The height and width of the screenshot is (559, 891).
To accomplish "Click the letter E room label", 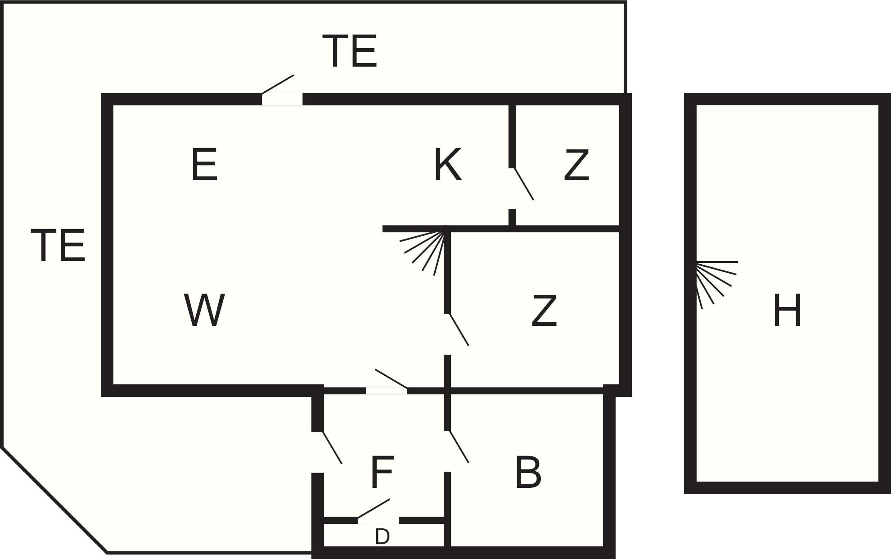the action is tap(204, 165).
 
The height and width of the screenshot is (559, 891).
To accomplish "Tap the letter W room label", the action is tap(204, 310).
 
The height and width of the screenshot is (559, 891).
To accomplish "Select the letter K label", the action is tap(448, 164).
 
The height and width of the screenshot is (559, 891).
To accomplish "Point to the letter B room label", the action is tap(528, 472).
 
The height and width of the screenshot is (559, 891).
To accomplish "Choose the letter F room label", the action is tap(382, 472).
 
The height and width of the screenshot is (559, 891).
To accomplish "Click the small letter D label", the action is tap(382, 536).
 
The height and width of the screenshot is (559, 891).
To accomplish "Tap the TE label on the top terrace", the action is tap(350, 51).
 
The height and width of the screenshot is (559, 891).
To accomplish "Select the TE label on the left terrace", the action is tap(58, 245).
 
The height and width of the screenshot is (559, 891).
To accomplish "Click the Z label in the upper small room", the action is tap(576, 165).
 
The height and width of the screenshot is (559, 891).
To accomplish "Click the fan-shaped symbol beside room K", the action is tap(423, 252).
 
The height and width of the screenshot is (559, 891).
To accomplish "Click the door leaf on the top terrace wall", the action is tap(278, 84).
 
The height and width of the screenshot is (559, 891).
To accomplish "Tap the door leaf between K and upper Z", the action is tap(524, 184).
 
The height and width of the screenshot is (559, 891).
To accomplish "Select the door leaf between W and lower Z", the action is tap(459, 330).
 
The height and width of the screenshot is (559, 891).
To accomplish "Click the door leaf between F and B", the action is tap(459, 446).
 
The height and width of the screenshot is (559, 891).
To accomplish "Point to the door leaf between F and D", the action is tap(374, 508).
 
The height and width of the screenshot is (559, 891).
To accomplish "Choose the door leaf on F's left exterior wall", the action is tap(333, 447).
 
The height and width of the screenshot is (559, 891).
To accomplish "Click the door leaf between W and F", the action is tap(391, 379).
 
